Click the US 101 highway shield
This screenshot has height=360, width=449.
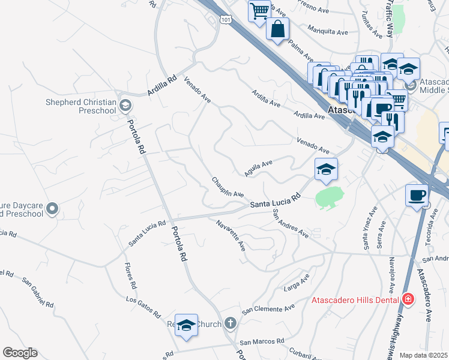pyautogui.click(x=225, y=20)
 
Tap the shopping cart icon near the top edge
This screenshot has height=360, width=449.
pyautogui.click(x=259, y=10)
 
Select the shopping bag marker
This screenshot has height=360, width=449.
pyautogui.click(x=277, y=28)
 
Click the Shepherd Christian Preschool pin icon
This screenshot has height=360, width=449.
pyautogui.click(x=125, y=106)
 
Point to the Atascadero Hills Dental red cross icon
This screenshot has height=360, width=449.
pyautogui.click(x=408, y=299)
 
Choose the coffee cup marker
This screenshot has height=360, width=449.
pyautogui.click(x=416, y=194)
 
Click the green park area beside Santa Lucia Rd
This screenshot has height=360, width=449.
pyautogui.click(x=328, y=196)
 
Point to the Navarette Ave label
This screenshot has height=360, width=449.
pyautogui.click(x=231, y=235)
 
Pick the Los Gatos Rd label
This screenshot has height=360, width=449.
pyautogui.click(x=143, y=307)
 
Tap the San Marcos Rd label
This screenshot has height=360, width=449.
pyautogui.click(x=262, y=341)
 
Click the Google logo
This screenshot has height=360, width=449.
pyautogui.click(x=20, y=353)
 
